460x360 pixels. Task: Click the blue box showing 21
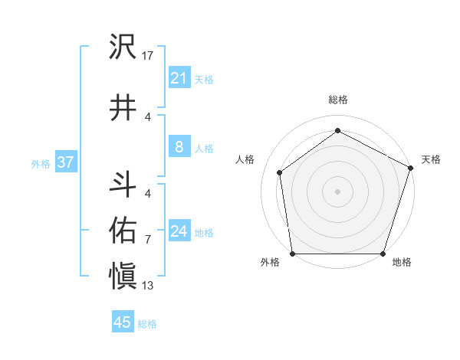[179, 78]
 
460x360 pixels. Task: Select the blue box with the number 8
[179, 147]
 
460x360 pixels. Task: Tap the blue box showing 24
[179, 231]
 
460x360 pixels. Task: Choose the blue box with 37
[65, 162]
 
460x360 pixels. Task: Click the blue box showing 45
[123, 322]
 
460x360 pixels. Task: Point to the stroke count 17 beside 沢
[148, 56]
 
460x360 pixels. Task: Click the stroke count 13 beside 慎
[148, 286]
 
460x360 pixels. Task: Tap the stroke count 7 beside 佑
[148, 240]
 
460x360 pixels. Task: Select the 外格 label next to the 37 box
[41, 163]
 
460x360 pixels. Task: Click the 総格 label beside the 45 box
[147, 324]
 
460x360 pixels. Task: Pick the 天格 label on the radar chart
[431, 159]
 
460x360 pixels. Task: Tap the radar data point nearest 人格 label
[280, 172]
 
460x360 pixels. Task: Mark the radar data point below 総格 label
[337, 131]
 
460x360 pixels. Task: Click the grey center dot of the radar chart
[337, 191]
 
